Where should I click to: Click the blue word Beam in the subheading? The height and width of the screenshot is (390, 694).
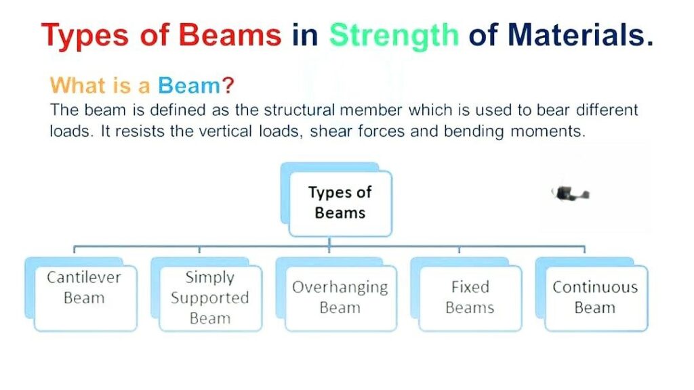click(189, 86)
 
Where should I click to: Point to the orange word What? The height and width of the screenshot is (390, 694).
click(78, 86)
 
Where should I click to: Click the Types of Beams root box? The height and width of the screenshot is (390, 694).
click(340, 202)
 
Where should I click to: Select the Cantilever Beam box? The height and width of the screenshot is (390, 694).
click(85, 298)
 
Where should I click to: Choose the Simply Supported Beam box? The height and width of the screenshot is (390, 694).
click(210, 298)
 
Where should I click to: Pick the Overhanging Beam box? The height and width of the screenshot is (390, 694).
click(340, 298)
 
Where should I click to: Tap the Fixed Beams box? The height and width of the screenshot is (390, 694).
click(470, 298)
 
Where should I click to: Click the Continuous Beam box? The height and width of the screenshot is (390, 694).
click(595, 298)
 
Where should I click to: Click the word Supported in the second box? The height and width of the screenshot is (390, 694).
click(210, 298)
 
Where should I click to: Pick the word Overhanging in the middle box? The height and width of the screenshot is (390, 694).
click(340, 287)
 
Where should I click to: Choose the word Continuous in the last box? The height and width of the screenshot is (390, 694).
click(595, 287)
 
